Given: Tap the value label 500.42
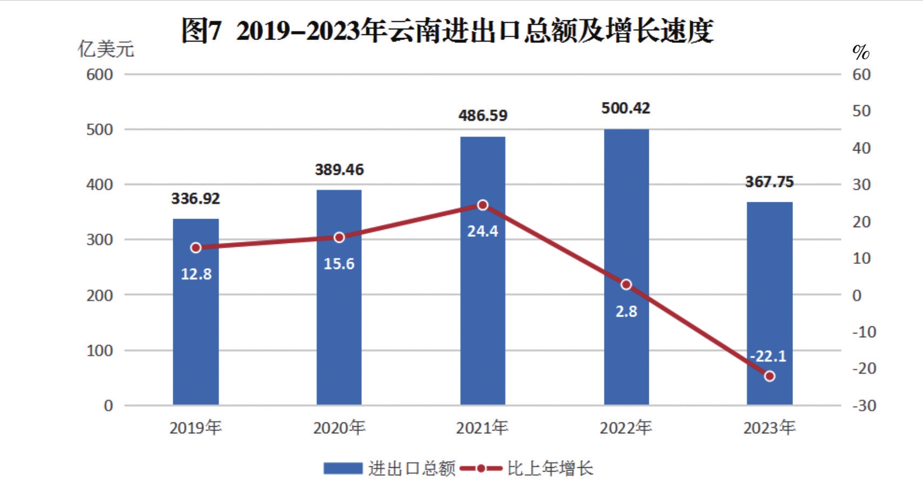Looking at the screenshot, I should click(626, 108).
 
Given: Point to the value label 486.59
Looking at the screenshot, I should click(483, 115).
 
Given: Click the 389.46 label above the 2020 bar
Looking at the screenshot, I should click(339, 170).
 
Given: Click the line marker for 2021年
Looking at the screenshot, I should click(483, 205).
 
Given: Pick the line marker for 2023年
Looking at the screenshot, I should click(769, 376).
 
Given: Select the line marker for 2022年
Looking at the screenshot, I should click(626, 284).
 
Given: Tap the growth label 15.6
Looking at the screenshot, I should click(339, 264).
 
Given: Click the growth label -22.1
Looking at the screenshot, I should click(768, 356).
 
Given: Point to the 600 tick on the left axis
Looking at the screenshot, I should click(99, 74).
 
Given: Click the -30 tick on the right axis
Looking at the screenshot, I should click(864, 405).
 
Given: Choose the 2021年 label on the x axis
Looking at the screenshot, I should click(482, 428).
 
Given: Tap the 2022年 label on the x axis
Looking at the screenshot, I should click(626, 428).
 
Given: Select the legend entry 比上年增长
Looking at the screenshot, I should click(549, 468).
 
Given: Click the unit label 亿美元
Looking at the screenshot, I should click(106, 49).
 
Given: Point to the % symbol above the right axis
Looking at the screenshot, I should click(861, 52).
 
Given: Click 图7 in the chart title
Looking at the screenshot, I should click(201, 30).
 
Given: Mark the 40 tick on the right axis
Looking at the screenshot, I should click(861, 148).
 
